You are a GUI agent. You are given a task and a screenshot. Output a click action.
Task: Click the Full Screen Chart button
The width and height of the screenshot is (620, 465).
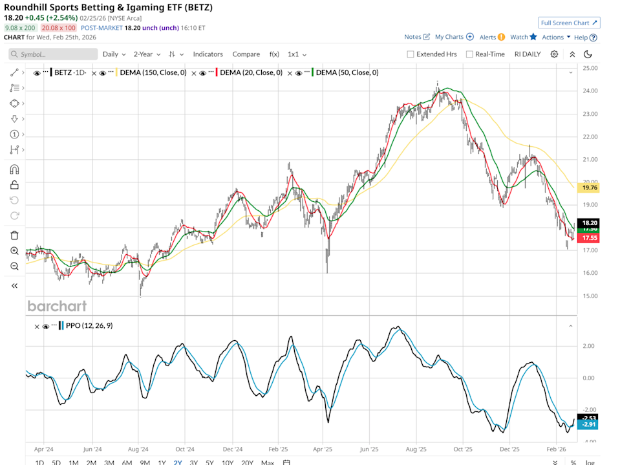[x=569, y=23]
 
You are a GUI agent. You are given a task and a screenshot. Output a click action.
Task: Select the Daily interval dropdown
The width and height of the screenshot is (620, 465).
[x=114, y=54]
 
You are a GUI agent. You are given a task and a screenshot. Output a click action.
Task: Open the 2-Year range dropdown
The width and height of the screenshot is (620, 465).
[x=147, y=54]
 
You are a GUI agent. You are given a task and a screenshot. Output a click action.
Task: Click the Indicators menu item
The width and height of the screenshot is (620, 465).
[x=208, y=54]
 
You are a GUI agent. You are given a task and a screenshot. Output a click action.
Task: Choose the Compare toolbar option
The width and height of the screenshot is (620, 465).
[x=246, y=54]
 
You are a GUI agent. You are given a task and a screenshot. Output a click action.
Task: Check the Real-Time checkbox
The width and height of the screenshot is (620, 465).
[x=469, y=54]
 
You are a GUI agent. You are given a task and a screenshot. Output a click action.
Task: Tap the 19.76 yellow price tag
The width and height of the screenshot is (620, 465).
[x=589, y=188]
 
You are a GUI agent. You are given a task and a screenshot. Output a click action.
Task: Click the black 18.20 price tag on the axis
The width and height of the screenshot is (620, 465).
[x=589, y=222]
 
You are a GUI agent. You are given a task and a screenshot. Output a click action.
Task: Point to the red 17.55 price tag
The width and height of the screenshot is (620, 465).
[x=589, y=237]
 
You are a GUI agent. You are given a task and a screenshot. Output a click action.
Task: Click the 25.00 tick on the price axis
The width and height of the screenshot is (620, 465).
[x=589, y=68]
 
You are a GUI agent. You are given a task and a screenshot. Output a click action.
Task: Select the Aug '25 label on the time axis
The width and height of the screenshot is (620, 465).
[x=416, y=448]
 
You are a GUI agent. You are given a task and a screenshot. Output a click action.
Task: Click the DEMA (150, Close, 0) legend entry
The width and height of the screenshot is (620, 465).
[x=151, y=72]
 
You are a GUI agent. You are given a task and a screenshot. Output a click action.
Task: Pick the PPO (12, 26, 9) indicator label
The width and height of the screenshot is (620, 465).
[x=89, y=325]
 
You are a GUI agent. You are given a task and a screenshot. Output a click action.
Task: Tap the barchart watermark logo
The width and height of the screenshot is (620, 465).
[x=57, y=305]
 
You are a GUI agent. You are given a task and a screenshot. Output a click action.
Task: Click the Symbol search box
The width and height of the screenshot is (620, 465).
[x=53, y=54]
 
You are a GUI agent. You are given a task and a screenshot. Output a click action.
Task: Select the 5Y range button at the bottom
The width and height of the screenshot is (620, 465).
[x=209, y=462]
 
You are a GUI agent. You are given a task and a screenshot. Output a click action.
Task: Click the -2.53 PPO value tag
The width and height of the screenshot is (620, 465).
[x=589, y=417]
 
